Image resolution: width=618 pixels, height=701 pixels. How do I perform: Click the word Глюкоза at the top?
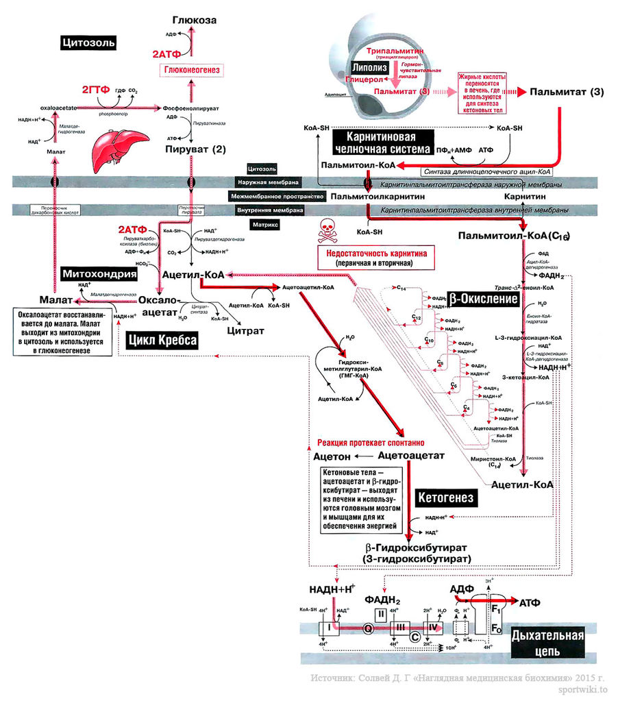tap(195, 21)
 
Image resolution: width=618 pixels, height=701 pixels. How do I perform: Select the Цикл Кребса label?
tap(162, 341)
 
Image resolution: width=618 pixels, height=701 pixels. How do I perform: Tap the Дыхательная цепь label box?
tap(547, 643)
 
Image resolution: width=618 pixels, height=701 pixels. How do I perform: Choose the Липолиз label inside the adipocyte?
tap(369, 68)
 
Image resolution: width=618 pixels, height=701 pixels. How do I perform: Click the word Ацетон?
tap(332, 456)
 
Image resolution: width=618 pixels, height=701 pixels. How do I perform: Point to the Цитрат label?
tap(245, 330)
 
